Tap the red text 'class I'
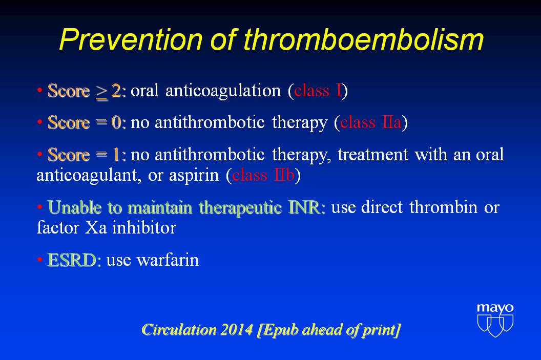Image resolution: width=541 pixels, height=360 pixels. point(318,90)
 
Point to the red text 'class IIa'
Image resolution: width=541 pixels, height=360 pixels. point(370,122)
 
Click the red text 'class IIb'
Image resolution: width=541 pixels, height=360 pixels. point(263,175)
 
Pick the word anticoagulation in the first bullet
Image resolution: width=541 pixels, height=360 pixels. point(223,91)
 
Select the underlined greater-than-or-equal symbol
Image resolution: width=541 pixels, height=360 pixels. point(102,92)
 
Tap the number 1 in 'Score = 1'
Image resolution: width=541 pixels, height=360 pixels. point(116,155)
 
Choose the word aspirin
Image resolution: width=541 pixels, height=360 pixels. point(194,176)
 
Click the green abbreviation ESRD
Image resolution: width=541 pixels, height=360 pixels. point(71,260)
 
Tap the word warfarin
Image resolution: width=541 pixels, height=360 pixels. point(168,260)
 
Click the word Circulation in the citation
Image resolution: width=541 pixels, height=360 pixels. point(179,330)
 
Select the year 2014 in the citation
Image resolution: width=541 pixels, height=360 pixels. point(237,330)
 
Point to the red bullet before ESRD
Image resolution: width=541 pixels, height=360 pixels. point(39,260)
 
